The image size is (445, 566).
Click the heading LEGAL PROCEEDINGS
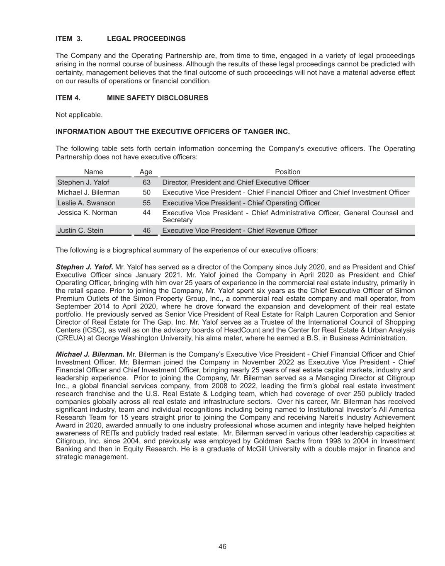tap(146, 39)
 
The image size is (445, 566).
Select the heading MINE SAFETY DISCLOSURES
tap(157, 98)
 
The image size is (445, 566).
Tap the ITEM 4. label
tap(68, 98)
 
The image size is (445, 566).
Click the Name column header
tap(93, 172)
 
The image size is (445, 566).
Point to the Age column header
tap(146, 172)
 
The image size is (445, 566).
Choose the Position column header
tap(287, 172)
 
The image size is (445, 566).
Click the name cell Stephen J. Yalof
tap(83, 182)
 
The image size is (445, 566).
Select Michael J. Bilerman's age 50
tap(146, 192)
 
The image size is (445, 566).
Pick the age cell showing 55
tap(146, 203)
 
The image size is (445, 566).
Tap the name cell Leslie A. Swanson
tap(86, 203)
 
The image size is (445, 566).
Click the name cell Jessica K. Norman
tap(87, 213)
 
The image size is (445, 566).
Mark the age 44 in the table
tap(146, 213)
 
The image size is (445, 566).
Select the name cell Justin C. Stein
tap(80, 231)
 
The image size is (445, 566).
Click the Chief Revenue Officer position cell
tap(240, 231)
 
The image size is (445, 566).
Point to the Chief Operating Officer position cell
tap(241, 203)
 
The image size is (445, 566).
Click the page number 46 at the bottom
tap(222, 547)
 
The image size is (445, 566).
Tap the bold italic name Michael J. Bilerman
tap(90, 354)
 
